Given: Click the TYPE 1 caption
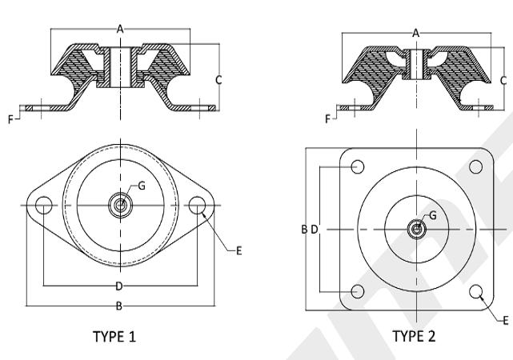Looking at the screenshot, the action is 114,337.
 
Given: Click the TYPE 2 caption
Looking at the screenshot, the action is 414,336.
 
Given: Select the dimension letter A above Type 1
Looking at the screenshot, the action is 120,29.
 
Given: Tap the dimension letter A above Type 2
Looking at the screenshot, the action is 415,33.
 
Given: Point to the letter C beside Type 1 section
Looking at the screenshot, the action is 218,80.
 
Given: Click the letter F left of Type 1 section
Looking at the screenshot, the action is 10,120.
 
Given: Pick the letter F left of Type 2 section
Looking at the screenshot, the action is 327,119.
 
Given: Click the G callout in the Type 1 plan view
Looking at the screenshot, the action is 142,186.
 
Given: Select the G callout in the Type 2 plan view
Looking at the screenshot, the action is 432,215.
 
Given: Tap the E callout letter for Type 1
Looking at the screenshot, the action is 238,250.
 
